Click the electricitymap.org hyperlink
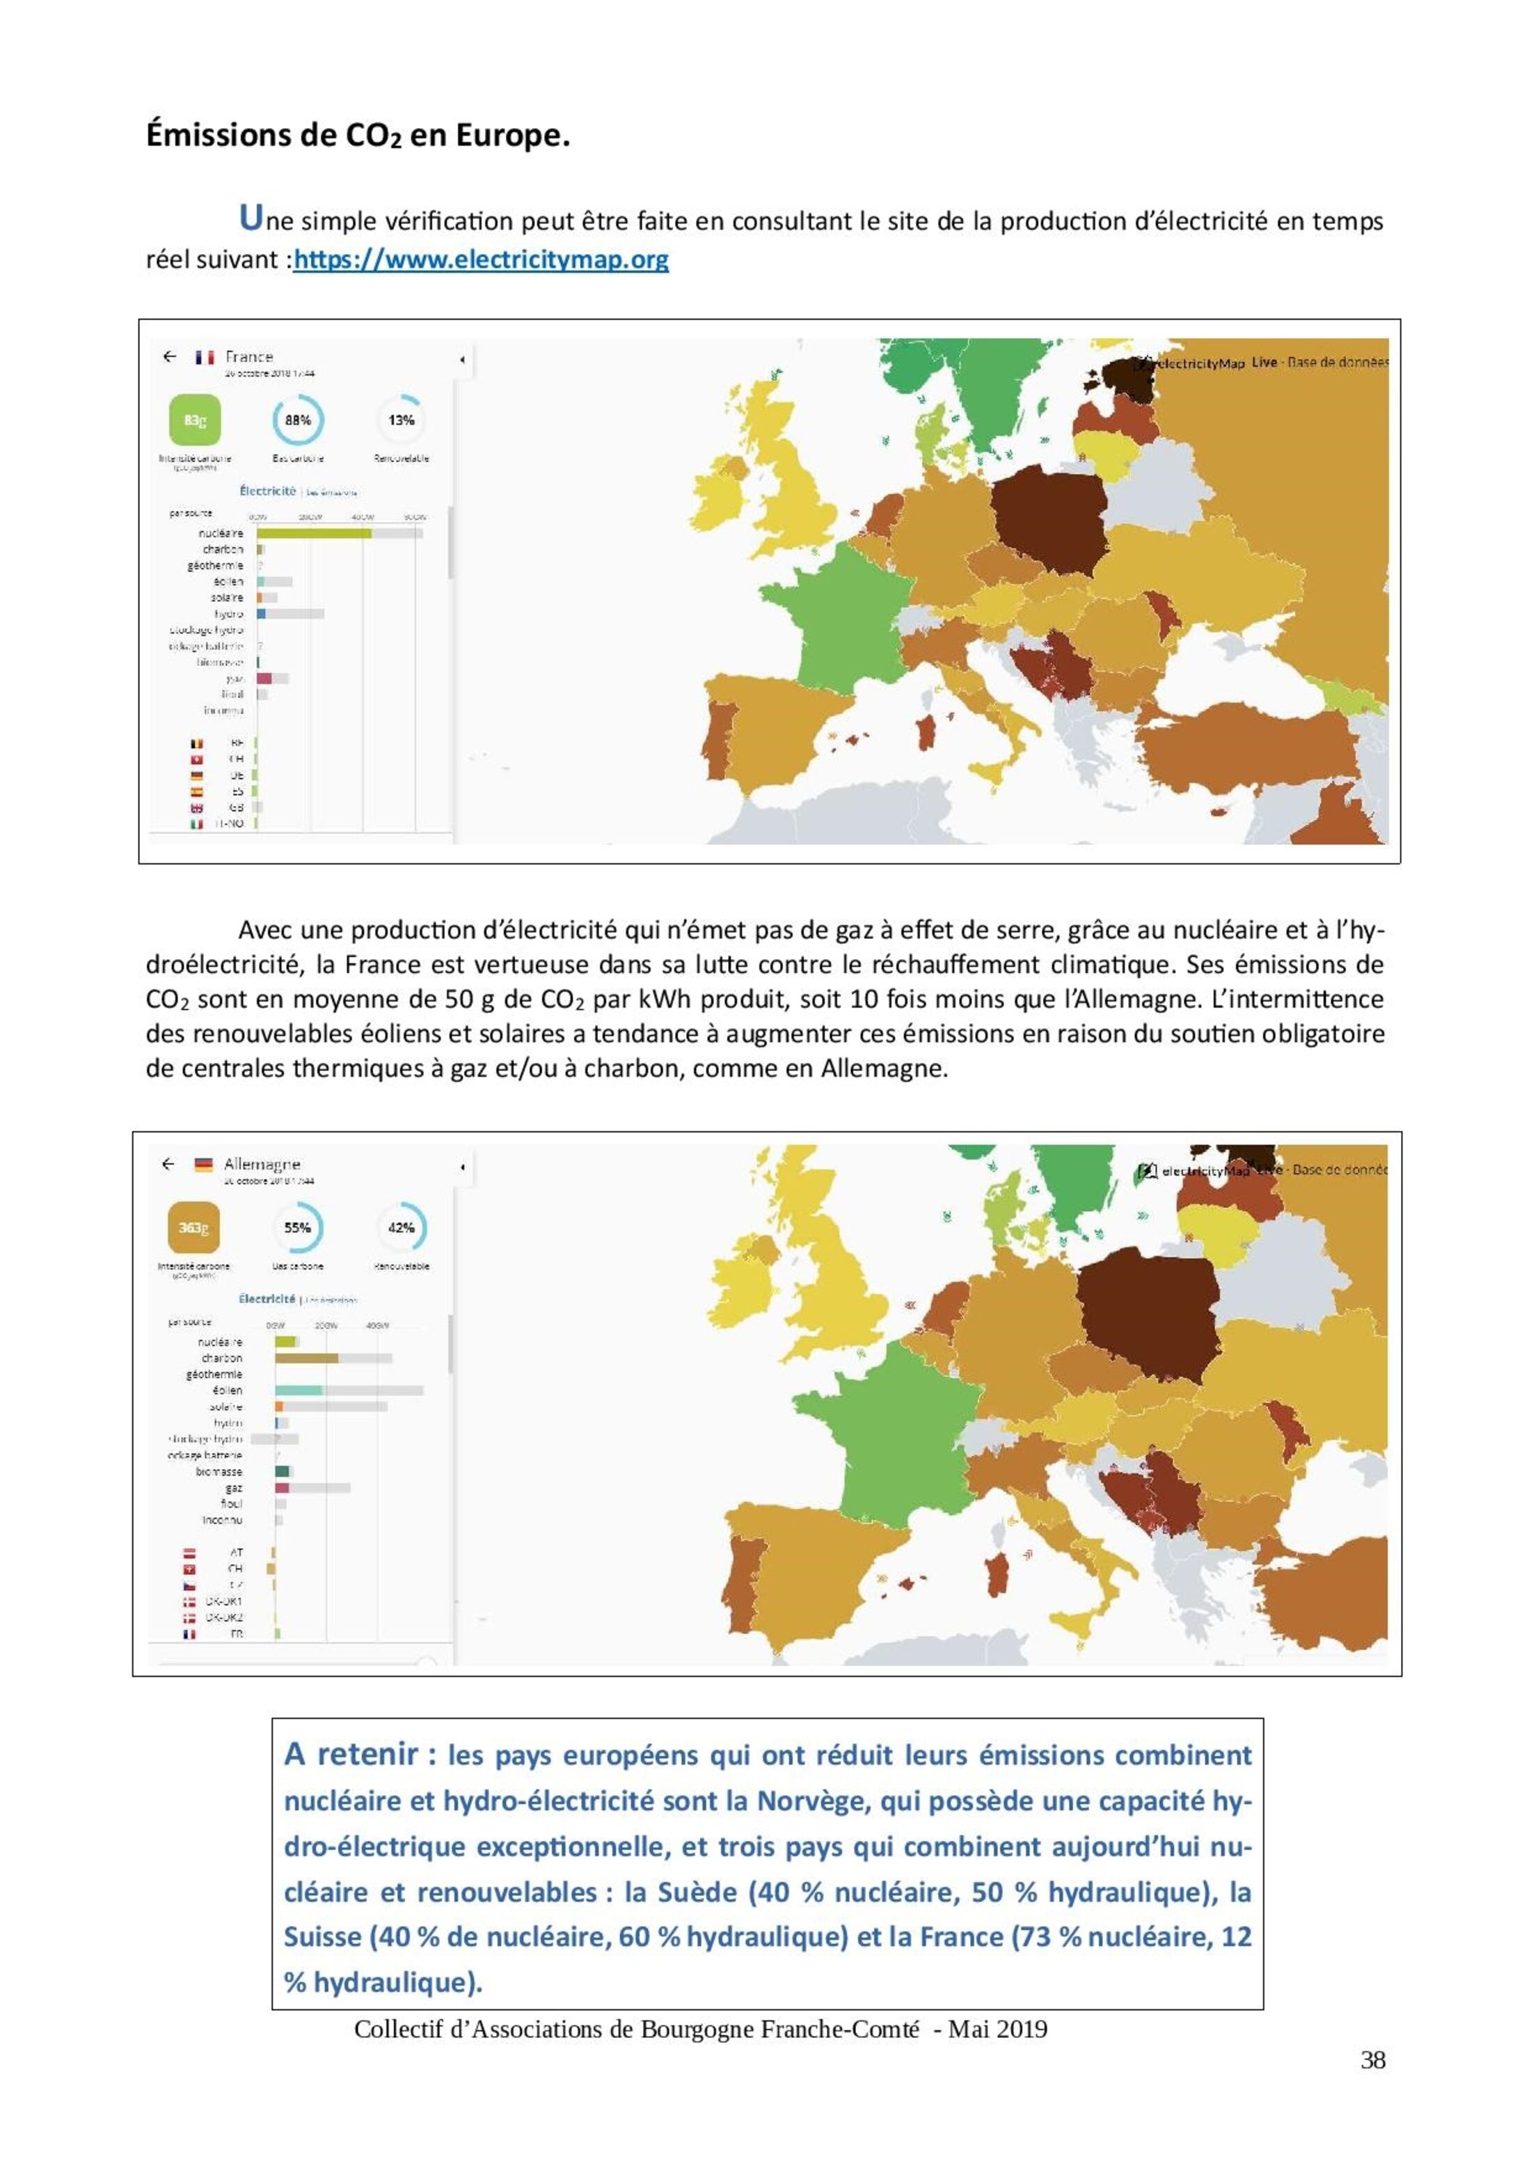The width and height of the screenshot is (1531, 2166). coord(481,260)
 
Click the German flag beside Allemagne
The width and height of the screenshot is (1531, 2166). coord(203,1165)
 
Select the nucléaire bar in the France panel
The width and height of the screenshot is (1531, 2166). coord(313,534)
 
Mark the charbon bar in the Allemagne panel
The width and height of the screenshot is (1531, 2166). coord(307,1359)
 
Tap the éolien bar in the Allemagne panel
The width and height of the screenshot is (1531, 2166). coord(299,1391)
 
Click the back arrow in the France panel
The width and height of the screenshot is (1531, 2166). coord(170,356)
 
